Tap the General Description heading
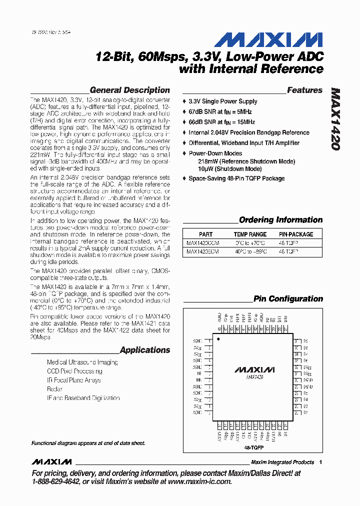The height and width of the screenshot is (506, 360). tap(129, 90)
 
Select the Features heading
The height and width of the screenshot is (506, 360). tap(304, 90)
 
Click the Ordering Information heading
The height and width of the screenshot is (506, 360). tap(280, 219)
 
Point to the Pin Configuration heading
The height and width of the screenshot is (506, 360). tap(288, 298)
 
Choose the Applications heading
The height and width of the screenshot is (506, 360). tap(145, 350)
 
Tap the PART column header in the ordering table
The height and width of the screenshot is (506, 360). tap(205, 234)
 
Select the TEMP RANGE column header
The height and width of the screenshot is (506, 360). tap(250, 234)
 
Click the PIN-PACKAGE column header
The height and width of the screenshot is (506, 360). tap(296, 234)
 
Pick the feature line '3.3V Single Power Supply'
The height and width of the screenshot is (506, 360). tap(223, 101)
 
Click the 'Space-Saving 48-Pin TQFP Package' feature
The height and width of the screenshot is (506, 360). tap(236, 178)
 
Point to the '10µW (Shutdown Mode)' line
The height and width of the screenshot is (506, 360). tap(230, 169)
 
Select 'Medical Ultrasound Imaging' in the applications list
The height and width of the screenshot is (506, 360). tap(82, 362)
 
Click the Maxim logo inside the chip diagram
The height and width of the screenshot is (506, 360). tap(254, 370)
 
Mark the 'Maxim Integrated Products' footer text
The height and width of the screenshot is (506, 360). tap(282, 462)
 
